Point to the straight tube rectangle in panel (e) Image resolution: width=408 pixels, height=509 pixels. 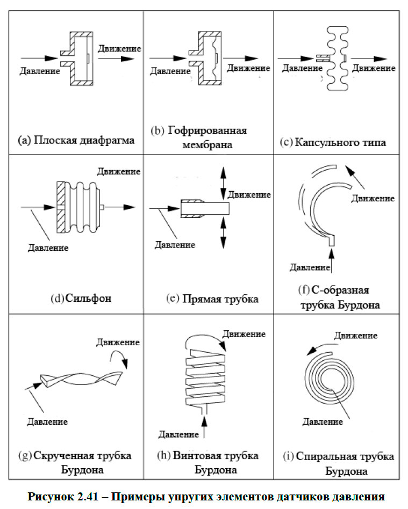tap(205, 207)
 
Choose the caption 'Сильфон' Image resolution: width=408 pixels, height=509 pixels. tap(89, 298)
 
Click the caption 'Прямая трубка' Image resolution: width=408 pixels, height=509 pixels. tap(220, 299)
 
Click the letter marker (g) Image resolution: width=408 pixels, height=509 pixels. tap(25, 455)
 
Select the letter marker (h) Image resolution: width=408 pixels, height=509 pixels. tap(163, 455)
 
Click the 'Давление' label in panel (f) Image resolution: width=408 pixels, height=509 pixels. tap(309, 267)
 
